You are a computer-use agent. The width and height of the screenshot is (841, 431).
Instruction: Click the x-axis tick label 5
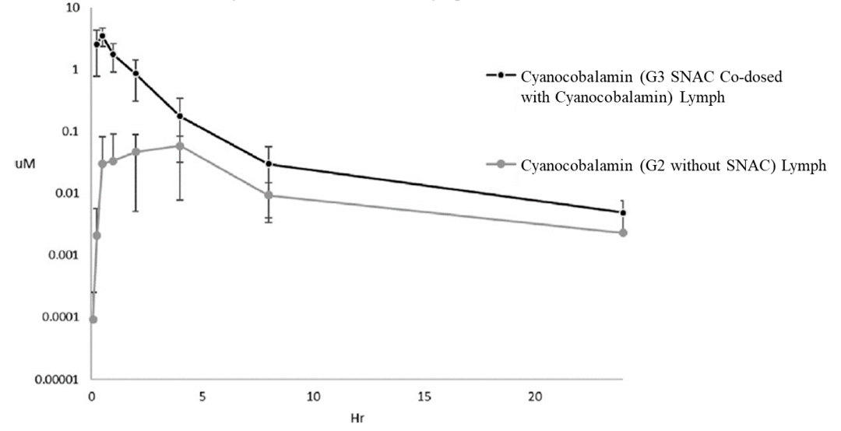tap(202, 397)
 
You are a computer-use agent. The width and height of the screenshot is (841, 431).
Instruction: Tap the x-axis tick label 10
tap(313, 397)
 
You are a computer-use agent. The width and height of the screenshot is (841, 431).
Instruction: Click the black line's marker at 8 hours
tap(269, 164)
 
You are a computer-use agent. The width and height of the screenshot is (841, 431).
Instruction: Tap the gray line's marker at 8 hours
tap(269, 195)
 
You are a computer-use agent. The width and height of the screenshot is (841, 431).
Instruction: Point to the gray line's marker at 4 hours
tap(180, 145)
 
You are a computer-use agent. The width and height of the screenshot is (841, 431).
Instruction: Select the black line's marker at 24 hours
tap(623, 212)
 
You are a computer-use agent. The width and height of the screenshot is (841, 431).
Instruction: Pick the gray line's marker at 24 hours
tap(623, 233)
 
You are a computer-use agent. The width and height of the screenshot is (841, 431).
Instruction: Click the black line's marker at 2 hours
tap(136, 74)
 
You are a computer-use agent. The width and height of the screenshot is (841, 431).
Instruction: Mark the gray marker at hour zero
tap(93, 319)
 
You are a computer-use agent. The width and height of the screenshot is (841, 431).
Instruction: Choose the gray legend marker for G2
tap(501, 164)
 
